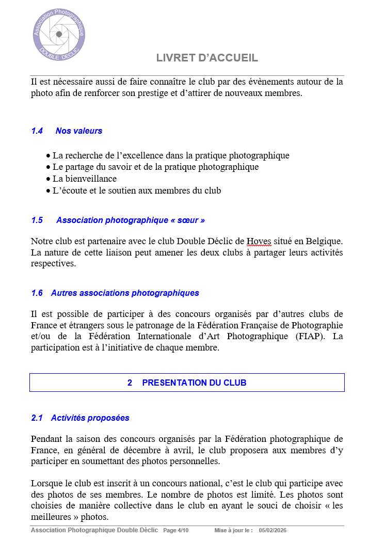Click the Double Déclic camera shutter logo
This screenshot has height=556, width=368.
click(59, 34)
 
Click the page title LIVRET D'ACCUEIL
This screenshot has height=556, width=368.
click(207, 58)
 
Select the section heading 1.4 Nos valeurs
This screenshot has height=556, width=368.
click(67, 131)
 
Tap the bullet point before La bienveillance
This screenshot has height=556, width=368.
click(49, 179)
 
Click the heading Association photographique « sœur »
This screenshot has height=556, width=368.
click(130, 220)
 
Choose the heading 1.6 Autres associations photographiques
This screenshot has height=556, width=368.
click(115, 293)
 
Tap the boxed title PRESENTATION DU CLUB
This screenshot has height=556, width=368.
click(194, 383)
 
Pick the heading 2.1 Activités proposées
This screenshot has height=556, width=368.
click(80, 418)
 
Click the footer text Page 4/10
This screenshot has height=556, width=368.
click(176, 530)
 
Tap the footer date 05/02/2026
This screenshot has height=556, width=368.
click(273, 530)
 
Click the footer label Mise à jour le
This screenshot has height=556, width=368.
click(233, 530)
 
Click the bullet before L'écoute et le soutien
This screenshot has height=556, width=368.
click(49, 191)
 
